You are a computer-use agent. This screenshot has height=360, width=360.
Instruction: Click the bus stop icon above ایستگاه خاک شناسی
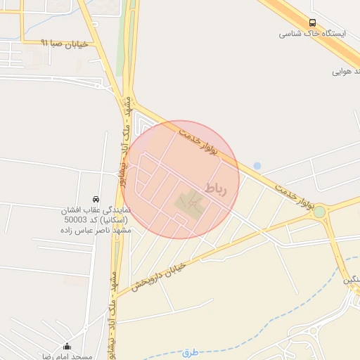pos(312,22)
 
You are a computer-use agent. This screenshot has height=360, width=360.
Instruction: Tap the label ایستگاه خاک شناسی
pos(306,34)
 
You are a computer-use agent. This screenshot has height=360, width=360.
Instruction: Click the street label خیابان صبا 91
pos(65,43)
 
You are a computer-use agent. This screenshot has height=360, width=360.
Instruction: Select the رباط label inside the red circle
pos(217,188)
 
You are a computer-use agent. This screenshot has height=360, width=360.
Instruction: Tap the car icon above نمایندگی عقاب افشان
pos(96,199)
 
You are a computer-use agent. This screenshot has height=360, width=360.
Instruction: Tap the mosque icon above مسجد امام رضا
pos(67,346)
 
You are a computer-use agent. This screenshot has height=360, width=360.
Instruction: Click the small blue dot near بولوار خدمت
pos(257,166)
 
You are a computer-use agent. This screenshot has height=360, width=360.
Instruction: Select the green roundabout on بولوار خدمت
pos(320,212)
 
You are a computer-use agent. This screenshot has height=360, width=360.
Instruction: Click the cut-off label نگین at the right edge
pos(351,280)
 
